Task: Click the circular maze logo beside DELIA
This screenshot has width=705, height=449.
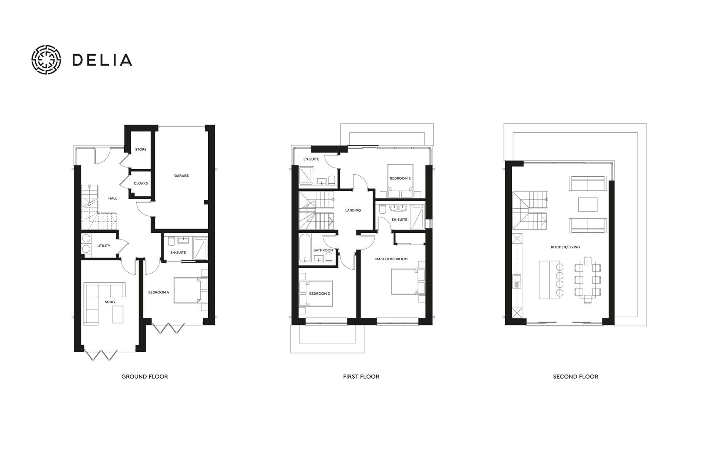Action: (47, 59)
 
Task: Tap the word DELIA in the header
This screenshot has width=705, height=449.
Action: (102, 60)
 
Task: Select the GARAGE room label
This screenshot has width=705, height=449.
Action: (181, 176)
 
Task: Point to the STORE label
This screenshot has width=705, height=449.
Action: (140, 150)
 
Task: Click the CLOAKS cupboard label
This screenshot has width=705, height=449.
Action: (140, 183)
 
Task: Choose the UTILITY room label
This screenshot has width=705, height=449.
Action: (104, 246)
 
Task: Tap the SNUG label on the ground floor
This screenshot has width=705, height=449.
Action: (110, 302)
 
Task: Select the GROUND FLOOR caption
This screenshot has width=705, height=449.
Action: (145, 377)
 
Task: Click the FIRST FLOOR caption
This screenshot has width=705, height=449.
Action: (361, 377)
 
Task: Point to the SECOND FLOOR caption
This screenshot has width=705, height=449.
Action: (575, 377)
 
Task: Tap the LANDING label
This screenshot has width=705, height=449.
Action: (353, 210)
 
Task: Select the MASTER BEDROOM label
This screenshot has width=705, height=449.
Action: (391, 259)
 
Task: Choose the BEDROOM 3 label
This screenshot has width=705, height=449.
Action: (319, 294)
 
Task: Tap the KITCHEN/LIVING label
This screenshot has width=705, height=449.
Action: (565, 247)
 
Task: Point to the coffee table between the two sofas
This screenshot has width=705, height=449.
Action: (588, 204)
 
